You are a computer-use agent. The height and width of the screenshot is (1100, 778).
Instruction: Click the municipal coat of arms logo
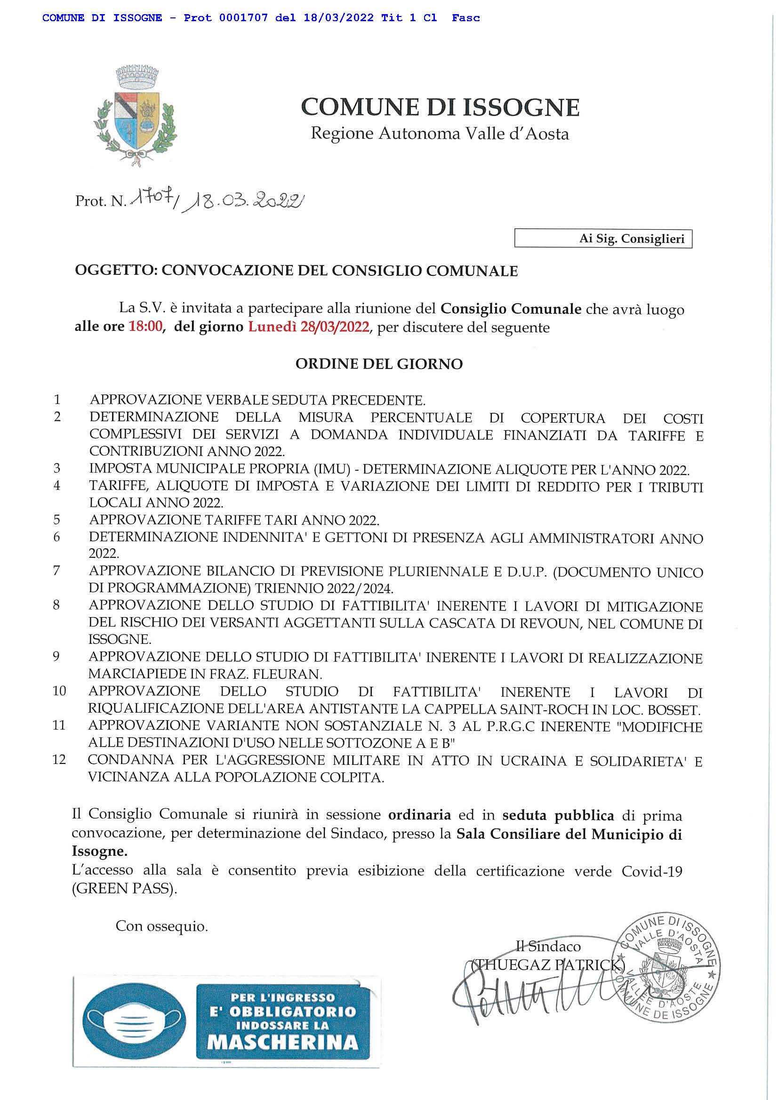point(136,116)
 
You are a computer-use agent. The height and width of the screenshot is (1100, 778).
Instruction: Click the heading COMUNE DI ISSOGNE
point(440,107)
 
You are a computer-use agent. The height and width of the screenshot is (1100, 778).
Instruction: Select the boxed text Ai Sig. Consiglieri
point(632,239)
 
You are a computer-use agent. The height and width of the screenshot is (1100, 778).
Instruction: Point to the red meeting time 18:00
point(145,328)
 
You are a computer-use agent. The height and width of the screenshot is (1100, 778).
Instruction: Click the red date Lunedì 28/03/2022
point(309,328)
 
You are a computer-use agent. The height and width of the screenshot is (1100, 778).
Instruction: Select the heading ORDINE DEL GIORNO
point(379,364)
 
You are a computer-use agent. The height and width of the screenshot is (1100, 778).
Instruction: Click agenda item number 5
point(56,520)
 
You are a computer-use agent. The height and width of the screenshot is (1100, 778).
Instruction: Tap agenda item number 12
point(58,760)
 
